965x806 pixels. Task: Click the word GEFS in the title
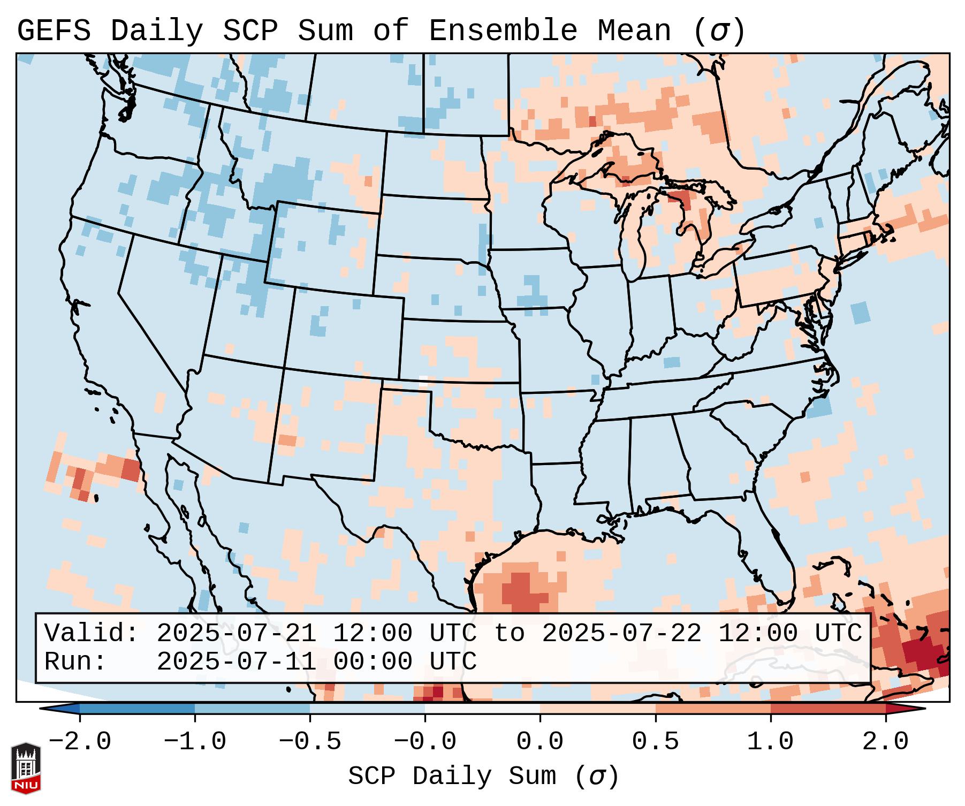(x=54, y=31)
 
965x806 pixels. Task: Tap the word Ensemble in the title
(x=503, y=31)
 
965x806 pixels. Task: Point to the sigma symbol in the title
(x=719, y=31)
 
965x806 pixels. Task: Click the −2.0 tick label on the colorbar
(x=80, y=742)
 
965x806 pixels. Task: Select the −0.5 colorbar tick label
(x=310, y=742)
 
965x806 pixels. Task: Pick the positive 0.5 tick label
(x=656, y=742)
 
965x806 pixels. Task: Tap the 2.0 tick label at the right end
(x=885, y=742)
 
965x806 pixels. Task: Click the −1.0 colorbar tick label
(x=195, y=742)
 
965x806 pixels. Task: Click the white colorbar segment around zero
(x=482, y=709)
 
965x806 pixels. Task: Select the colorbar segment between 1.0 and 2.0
(x=828, y=709)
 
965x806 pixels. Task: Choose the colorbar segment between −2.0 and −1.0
(x=137, y=709)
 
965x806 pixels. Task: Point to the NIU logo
(x=26, y=767)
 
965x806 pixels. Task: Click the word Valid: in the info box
(x=92, y=634)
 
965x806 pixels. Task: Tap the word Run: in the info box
(x=75, y=662)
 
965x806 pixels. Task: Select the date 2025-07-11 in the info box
(x=236, y=662)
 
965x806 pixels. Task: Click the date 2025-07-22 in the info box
(x=621, y=634)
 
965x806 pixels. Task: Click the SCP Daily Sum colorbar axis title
(x=483, y=776)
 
